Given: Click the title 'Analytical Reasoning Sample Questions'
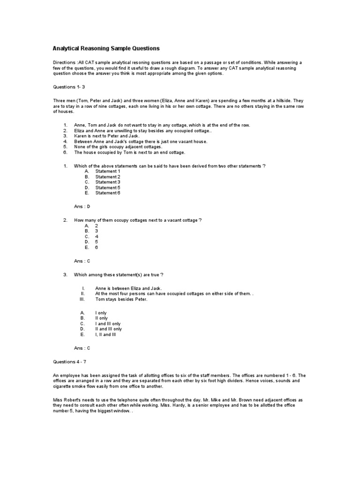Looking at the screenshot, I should (105, 48).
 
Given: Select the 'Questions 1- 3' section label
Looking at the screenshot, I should (68, 87).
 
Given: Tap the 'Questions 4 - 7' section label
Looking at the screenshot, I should (70, 362).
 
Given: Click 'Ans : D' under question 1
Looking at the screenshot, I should (82, 206).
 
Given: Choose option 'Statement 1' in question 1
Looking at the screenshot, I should (108, 172).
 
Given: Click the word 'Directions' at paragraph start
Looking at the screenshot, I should (64, 62).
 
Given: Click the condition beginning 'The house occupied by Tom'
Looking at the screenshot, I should (123, 152).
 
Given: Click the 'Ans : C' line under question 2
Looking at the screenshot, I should (82, 261).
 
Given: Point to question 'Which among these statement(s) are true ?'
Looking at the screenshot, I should (119, 275).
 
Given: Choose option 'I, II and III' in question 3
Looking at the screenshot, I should (105, 335).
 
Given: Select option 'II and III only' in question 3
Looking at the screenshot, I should (108, 329).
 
